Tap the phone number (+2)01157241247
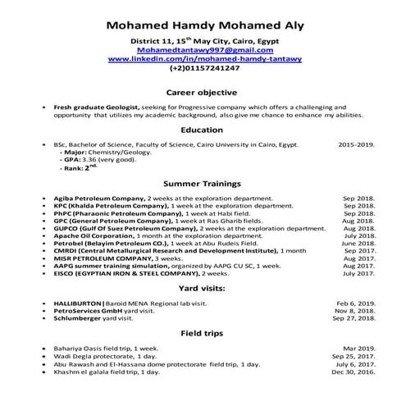pyautogui.click(x=202, y=69)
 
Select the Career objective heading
pyautogui.click(x=202, y=92)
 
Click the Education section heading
pyautogui.click(x=202, y=129)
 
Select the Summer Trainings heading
pyautogui.click(x=202, y=185)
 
